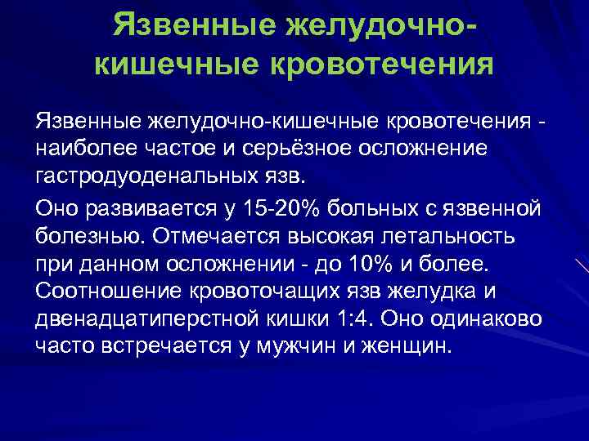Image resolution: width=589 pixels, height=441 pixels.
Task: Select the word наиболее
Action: click(x=87, y=149)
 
